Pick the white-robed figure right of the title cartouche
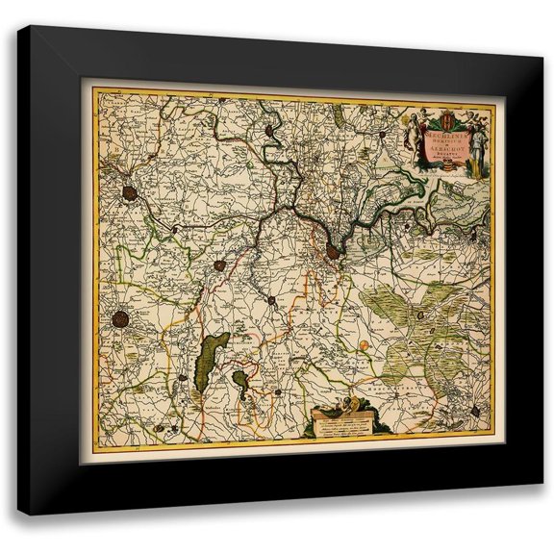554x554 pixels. pos(474,154)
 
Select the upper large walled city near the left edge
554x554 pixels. pos(128,192)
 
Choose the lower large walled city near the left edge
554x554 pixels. pos(121,316)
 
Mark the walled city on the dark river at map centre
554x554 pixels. pos(332,252)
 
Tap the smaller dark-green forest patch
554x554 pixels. pos(242,388)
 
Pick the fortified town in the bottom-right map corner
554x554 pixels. pos(481,412)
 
